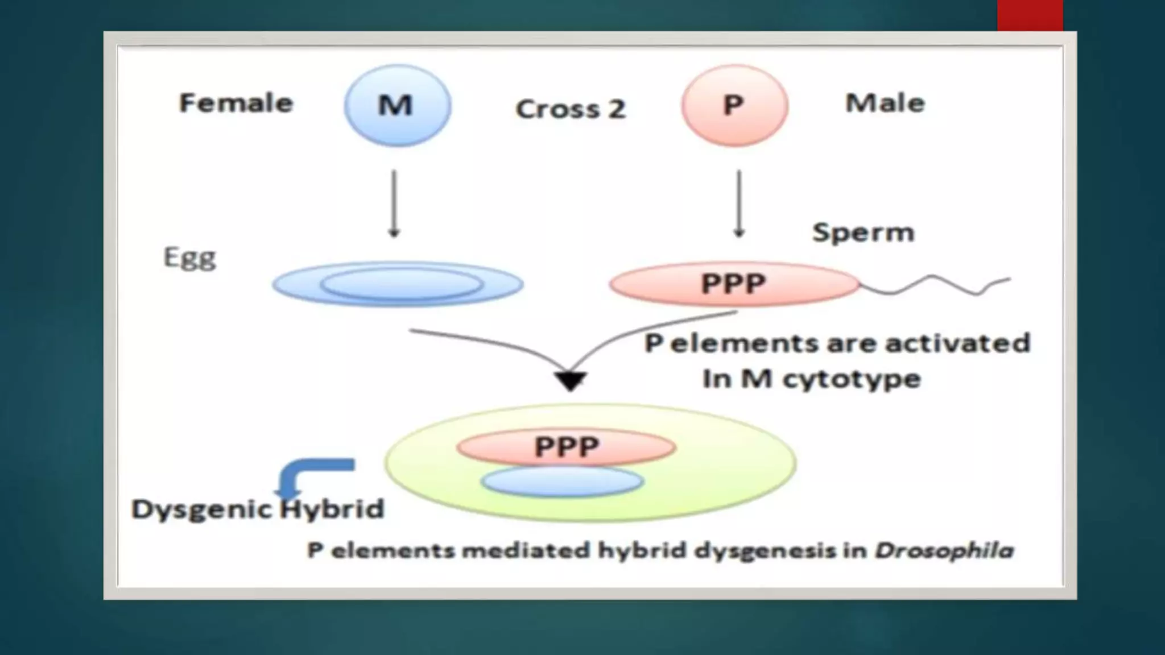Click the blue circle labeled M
[x=397, y=106]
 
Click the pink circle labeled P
[x=734, y=106]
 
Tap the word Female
[x=236, y=103]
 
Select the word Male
[x=885, y=103]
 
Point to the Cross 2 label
[x=570, y=109]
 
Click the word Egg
[x=189, y=258]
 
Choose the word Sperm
[x=863, y=233]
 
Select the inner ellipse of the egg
[x=401, y=284]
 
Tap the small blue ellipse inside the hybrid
[x=562, y=482]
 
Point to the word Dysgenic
[x=200, y=509]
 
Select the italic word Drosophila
[x=944, y=550]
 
